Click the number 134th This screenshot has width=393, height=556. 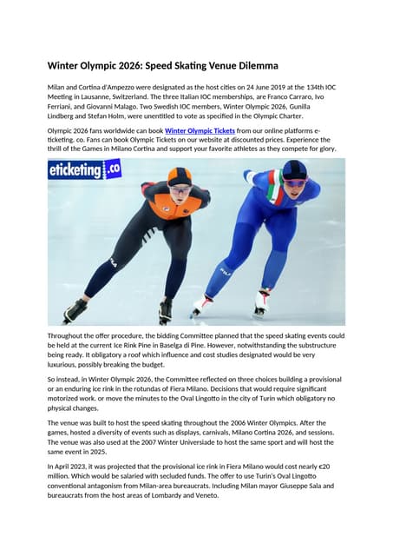tap(302, 89)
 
